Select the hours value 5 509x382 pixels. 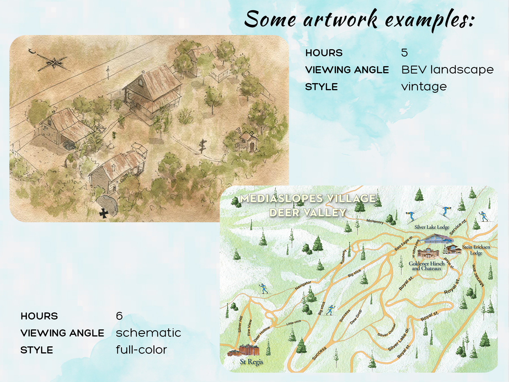pyautogui.click(x=404, y=53)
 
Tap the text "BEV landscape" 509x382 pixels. pyautogui.click(x=447, y=70)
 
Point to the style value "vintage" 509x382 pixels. pyautogui.click(x=424, y=87)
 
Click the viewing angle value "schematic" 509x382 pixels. pyautogui.click(x=148, y=333)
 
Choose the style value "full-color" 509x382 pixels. pyautogui.click(x=141, y=350)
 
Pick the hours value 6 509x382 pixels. pyautogui.click(x=119, y=316)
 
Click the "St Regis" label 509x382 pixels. pyautogui.click(x=251, y=362)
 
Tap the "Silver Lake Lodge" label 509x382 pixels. pyautogui.click(x=432, y=227)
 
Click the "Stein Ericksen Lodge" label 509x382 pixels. pyautogui.click(x=476, y=249)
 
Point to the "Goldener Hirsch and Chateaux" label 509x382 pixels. pyautogui.click(x=426, y=266)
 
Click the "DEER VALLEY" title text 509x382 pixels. pyautogui.click(x=308, y=213)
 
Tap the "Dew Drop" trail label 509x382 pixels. pyautogui.click(x=356, y=317)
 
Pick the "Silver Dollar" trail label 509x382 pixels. pyautogui.click(x=387, y=330)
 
